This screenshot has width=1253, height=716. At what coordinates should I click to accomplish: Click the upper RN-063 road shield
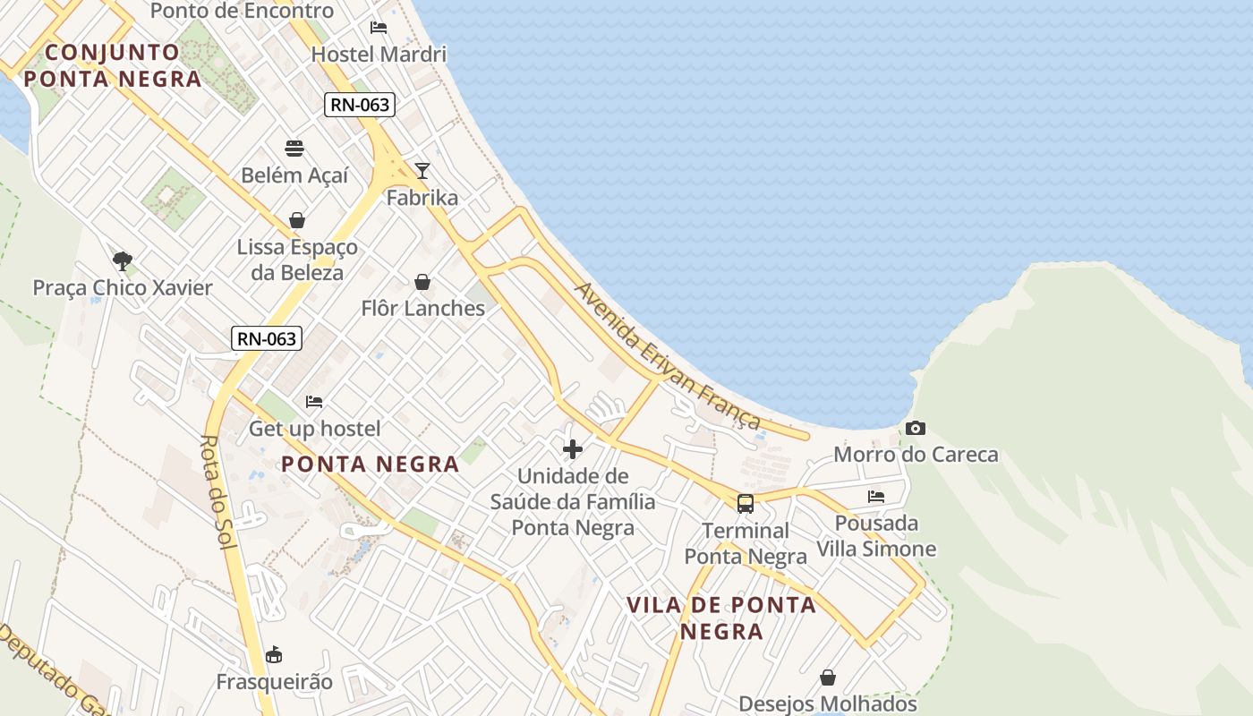(360, 105)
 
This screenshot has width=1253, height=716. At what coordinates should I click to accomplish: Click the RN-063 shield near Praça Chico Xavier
(267, 338)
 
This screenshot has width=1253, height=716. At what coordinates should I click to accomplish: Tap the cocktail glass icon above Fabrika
(422, 170)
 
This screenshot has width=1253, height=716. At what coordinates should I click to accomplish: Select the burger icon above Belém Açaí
(294, 147)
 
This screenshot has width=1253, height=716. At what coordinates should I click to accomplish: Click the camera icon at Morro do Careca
(915, 428)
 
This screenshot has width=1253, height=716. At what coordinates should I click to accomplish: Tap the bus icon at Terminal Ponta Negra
(746, 504)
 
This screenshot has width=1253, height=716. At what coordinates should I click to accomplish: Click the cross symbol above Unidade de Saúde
(573, 448)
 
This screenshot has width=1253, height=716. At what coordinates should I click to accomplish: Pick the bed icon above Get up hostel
(314, 402)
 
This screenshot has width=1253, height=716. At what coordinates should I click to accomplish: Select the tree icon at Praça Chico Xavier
(123, 261)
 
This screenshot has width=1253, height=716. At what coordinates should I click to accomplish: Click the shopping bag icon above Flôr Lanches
(422, 282)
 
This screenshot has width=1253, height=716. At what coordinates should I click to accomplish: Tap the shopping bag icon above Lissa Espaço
(297, 220)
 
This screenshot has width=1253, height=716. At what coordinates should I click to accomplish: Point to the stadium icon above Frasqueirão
(274, 655)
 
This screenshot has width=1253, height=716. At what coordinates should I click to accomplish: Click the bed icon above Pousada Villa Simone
(876, 496)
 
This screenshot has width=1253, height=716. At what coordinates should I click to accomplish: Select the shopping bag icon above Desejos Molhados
(828, 678)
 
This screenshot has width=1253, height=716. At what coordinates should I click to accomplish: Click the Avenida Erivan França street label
(667, 356)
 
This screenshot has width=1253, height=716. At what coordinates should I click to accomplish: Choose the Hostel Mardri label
(379, 54)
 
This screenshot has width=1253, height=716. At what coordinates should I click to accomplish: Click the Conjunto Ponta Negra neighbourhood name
(113, 65)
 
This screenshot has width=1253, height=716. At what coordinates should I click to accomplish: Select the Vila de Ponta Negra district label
(721, 618)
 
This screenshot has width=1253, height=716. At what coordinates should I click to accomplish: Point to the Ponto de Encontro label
(242, 11)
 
